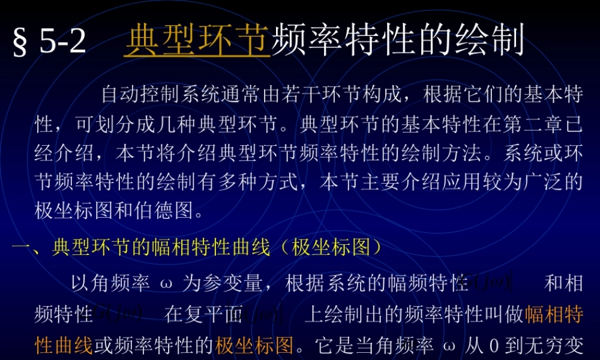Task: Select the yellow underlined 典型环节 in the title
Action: click(x=197, y=41)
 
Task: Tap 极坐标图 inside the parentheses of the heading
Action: click(x=329, y=248)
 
